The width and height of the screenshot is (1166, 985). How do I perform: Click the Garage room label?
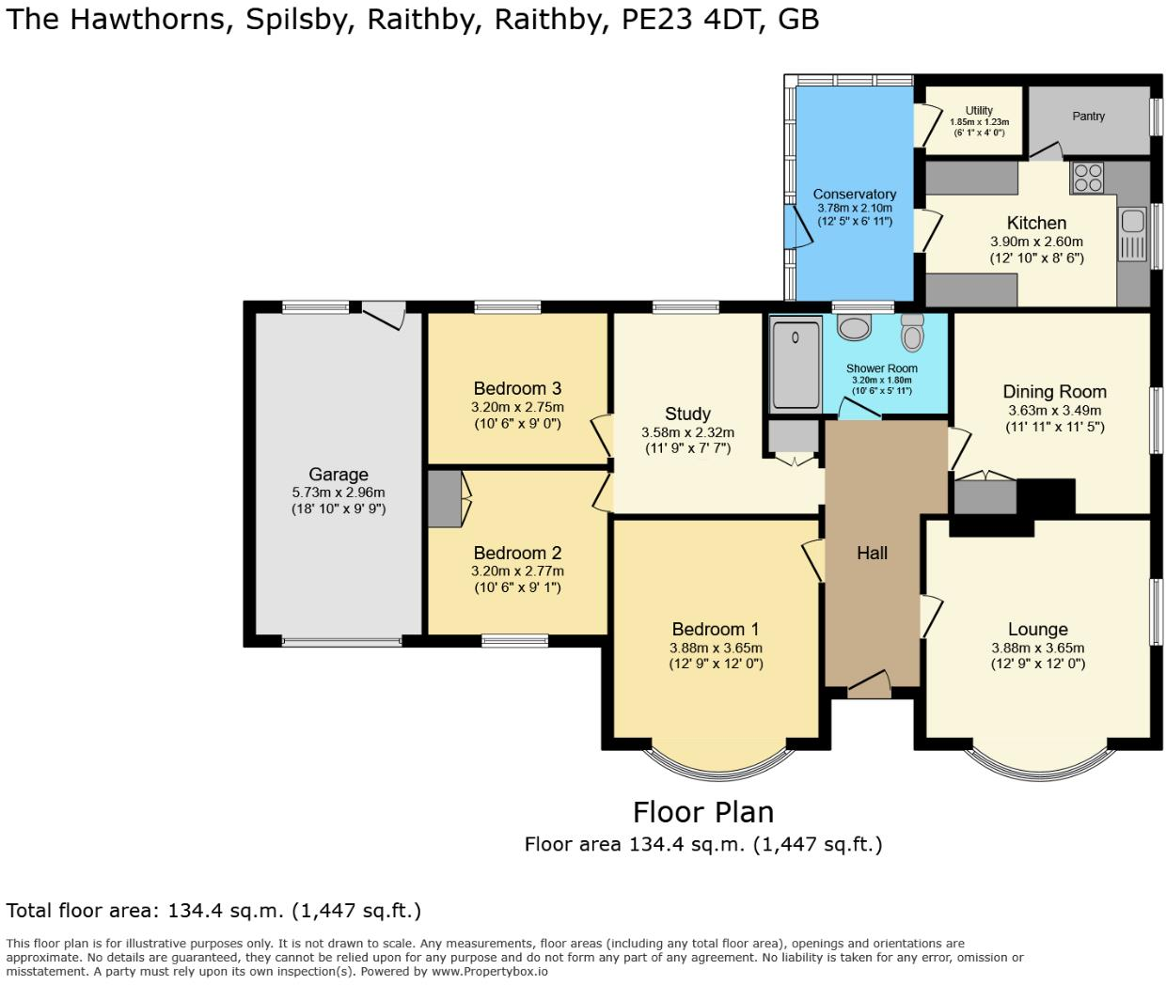click(339, 475)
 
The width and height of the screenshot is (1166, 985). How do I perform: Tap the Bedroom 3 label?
click(517, 388)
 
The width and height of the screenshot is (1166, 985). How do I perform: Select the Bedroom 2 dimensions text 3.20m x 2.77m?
click(517, 571)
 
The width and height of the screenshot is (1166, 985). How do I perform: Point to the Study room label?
click(687, 414)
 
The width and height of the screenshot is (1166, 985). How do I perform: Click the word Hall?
click(872, 553)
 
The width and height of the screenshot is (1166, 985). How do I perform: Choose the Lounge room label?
click(1037, 629)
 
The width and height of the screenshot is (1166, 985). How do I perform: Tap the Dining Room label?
click(1054, 391)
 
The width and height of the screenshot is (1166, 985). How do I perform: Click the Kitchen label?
click(1036, 223)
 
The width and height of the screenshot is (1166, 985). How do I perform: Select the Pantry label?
click(1088, 117)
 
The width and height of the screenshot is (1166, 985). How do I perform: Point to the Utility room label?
click(979, 110)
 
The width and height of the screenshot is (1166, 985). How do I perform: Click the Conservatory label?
click(854, 194)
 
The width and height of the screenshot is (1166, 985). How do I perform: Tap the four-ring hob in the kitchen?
click(1088, 178)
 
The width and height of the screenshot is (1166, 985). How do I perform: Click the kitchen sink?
click(1132, 223)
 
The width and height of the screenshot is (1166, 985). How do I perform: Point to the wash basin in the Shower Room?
click(855, 328)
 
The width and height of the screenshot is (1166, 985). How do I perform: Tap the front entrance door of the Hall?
click(869, 686)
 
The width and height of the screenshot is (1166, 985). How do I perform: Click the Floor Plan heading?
click(702, 811)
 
